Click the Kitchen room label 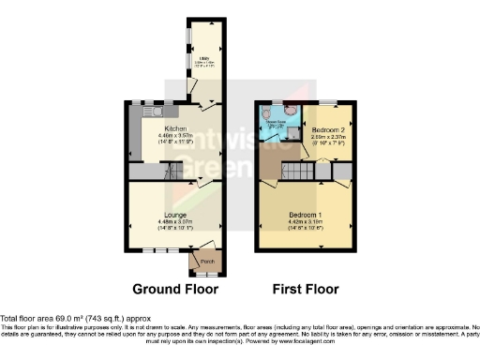coord(175,127)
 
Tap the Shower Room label coord(275,120)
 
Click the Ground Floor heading coord(175,289)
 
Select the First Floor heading coord(306,289)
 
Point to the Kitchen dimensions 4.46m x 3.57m coord(175,135)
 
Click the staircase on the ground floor coord(170,172)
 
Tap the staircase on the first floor coord(301,172)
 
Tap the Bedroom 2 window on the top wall coord(328,101)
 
